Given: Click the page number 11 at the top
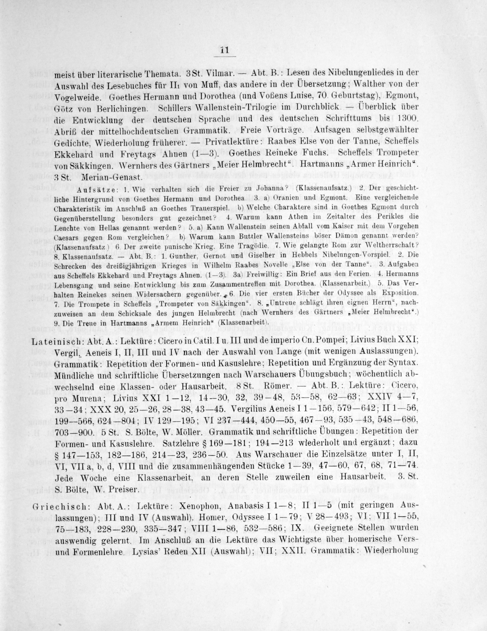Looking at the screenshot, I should (225, 50).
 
